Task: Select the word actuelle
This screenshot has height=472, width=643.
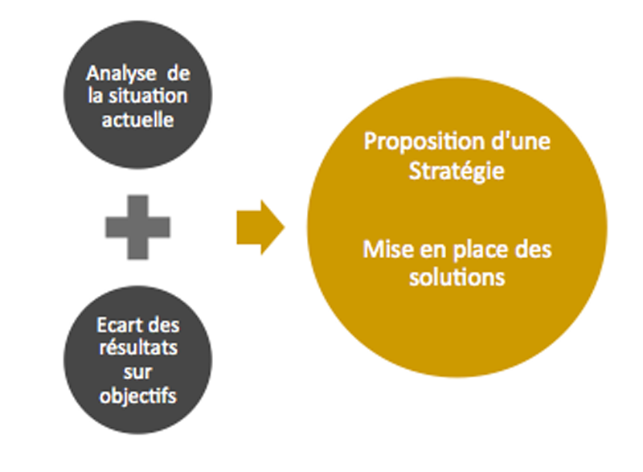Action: pyautogui.click(x=137, y=120)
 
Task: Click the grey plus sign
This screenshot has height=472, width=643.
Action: pyautogui.click(x=137, y=227)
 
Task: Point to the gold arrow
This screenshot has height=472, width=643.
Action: pyautogui.click(x=260, y=228)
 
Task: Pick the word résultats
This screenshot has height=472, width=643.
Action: pyautogui.click(x=138, y=348)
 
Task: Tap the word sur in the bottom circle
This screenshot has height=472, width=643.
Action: pyautogui.click(x=137, y=372)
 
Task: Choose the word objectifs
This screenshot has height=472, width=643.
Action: pyautogui.click(x=137, y=396)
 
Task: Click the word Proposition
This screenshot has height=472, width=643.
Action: pyautogui.click(x=423, y=142)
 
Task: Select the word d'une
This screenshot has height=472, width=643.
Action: pyautogui.click(x=520, y=141)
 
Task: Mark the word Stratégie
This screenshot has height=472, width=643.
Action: pyautogui.click(x=457, y=171)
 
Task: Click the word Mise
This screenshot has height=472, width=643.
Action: pyautogui.click(x=388, y=249)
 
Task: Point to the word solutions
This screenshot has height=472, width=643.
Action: pyautogui.click(x=457, y=277)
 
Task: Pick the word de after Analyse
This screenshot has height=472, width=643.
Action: pyautogui.click(x=178, y=74)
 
